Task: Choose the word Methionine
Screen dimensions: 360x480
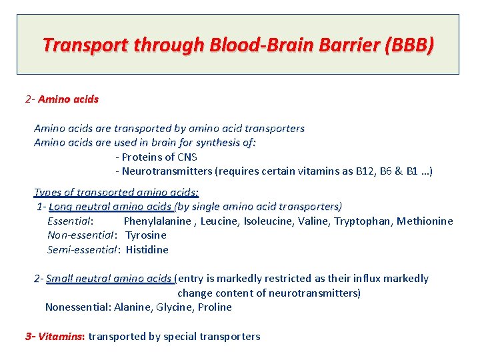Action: (x=425, y=221)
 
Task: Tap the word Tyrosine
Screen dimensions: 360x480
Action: (x=146, y=235)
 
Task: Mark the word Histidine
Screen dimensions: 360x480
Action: (x=147, y=250)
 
